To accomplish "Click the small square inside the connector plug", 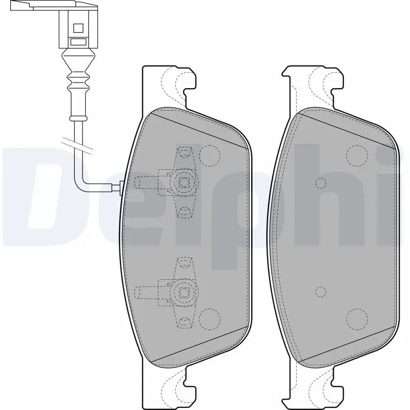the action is [78, 28].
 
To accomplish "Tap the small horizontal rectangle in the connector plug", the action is [78, 42].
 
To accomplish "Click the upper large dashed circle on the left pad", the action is [210, 156].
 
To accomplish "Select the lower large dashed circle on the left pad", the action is [210, 319].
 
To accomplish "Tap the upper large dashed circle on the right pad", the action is [357, 156].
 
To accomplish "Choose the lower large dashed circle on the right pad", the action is [357, 319].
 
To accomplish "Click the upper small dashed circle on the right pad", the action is [321, 183].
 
